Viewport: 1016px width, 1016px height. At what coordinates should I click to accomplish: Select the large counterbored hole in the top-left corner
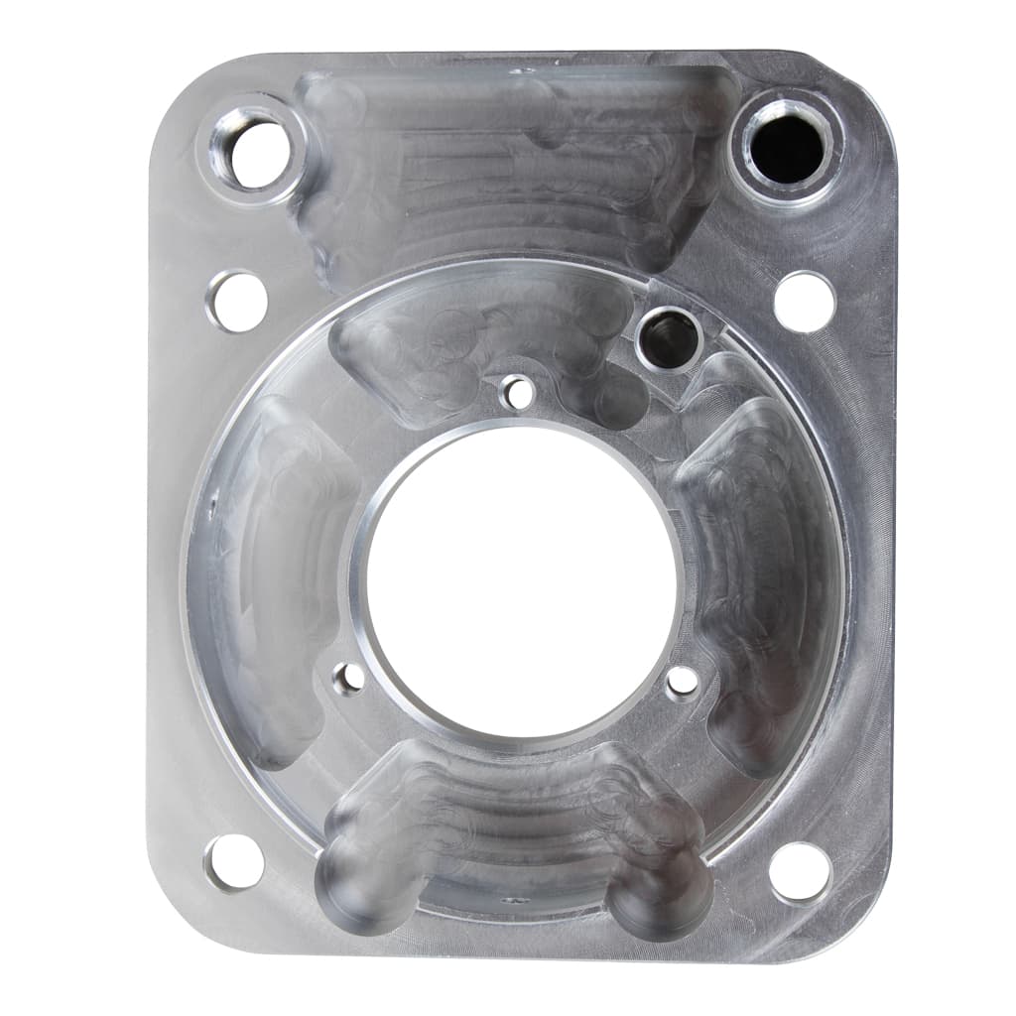coord(253,151)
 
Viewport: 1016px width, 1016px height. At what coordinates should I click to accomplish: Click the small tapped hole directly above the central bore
coord(518,393)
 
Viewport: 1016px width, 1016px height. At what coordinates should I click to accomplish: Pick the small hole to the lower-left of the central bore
coord(348,679)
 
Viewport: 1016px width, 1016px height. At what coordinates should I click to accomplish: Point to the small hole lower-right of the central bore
coord(682,681)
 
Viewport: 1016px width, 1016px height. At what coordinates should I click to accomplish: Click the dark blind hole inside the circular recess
coord(669,338)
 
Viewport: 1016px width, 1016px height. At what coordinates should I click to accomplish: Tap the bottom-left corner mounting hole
coord(234,861)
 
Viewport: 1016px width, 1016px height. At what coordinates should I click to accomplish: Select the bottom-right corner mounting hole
coord(800,871)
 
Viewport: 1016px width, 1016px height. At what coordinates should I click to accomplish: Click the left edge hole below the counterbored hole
coord(237,301)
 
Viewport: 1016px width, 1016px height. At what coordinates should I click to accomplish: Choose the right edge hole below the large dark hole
coord(805,301)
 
